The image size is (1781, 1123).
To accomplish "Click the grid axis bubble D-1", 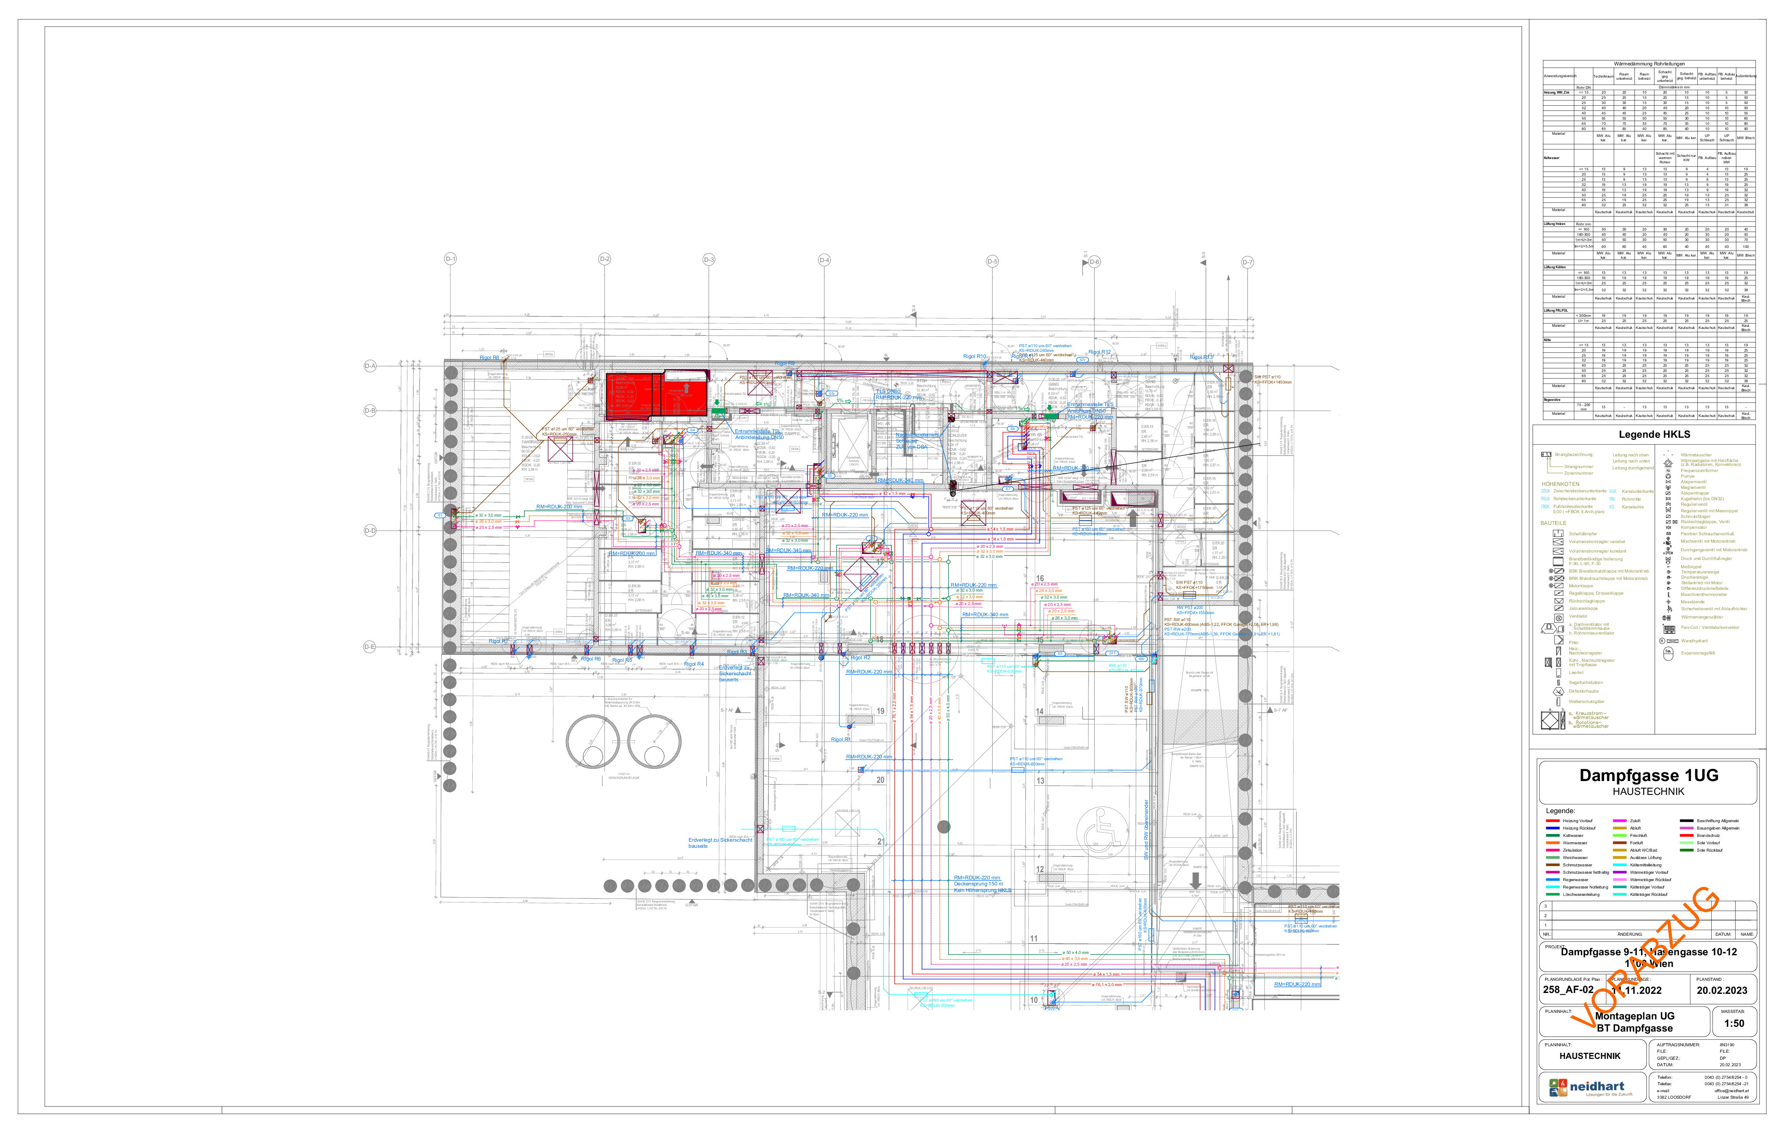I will point(450,259).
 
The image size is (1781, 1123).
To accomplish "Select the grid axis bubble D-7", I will point(1248,262).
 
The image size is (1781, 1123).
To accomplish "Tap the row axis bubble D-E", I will point(370,647).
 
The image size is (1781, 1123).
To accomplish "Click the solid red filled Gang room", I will point(657,396).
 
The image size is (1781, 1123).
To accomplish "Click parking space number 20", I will point(880,780).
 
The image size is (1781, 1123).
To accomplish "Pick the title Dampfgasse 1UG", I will point(1648,775).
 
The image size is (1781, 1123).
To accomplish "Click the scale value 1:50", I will point(1734,1024).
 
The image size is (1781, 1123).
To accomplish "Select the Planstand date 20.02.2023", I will point(1722,990).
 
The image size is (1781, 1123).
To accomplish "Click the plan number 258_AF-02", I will point(1568,990).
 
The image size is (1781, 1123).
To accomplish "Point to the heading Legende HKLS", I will point(1654,434).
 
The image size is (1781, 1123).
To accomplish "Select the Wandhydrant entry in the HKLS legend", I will point(1694,641).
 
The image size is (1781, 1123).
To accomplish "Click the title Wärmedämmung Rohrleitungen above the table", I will point(1648,64).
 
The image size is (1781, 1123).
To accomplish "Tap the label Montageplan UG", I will point(1635,1016).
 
